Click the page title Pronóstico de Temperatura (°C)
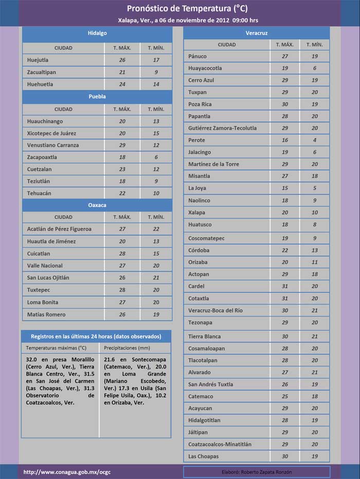pos(180,9)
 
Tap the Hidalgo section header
pos(97,33)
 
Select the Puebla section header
pos(97,97)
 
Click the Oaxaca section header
pos(97,205)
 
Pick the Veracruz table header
pos(256,33)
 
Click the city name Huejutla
pos(38,60)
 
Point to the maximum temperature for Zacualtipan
pos(122,72)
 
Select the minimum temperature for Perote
pos(314,140)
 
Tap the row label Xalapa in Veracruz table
pos(196,213)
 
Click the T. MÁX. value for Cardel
pos(284,286)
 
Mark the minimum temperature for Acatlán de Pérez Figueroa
pos(156,229)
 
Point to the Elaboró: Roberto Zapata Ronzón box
pos(256,472)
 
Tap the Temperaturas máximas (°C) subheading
pos(57,348)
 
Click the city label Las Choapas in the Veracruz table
pos(203,456)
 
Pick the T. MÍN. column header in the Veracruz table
pos(314,45)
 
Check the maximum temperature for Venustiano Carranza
pos(122,145)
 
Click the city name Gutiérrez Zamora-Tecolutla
pos(222,128)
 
